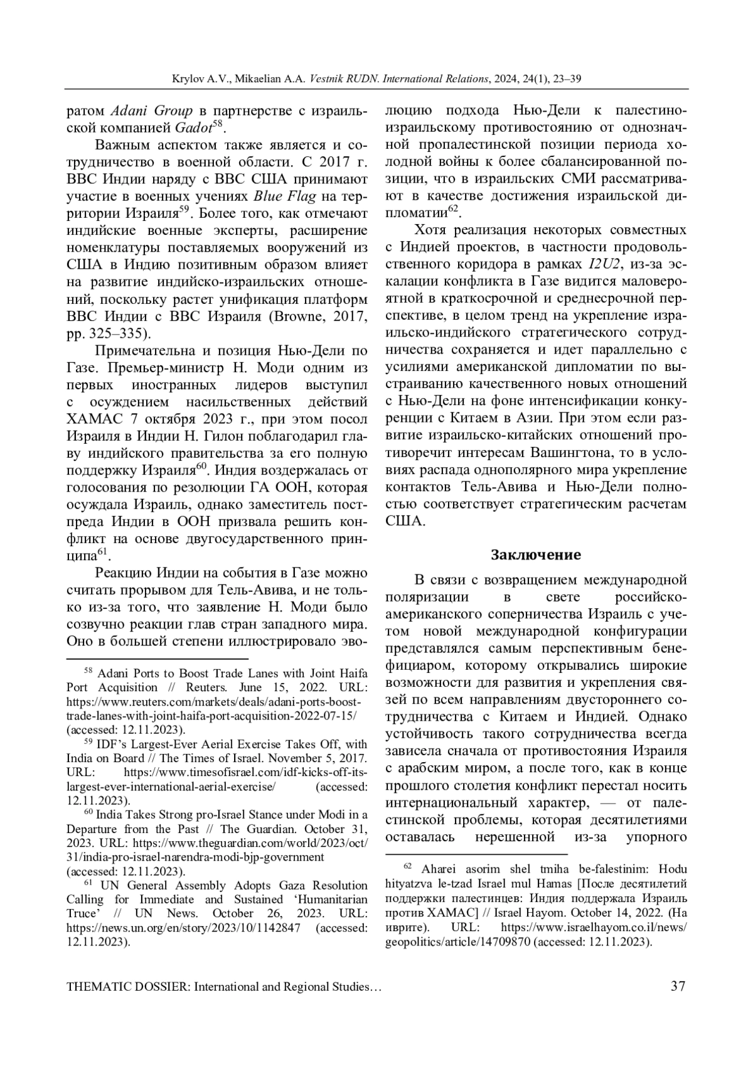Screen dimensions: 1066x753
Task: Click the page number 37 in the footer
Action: click(x=678, y=986)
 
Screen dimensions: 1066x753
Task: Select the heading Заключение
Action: click(x=535, y=555)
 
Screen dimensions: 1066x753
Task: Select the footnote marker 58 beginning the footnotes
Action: click(x=88, y=670)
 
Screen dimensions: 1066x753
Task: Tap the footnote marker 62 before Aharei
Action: click(x=407, y=867)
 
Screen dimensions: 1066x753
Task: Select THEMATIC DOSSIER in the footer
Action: click(x=127, y=987)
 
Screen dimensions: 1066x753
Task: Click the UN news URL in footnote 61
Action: click(x=183, y=927)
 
